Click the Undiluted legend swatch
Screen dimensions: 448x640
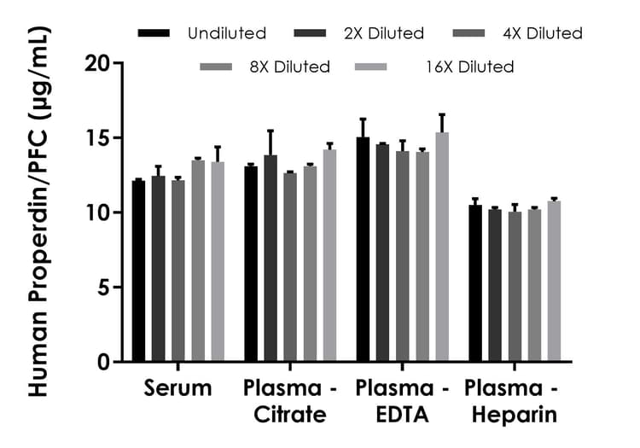point(155,33)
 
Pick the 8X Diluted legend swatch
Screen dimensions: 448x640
point(217,67)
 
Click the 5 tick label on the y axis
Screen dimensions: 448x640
point(104,288)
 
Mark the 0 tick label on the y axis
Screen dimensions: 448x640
point(104,362)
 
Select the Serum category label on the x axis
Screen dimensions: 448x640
point(177,389)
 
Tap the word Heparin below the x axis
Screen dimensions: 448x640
point(512,416)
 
